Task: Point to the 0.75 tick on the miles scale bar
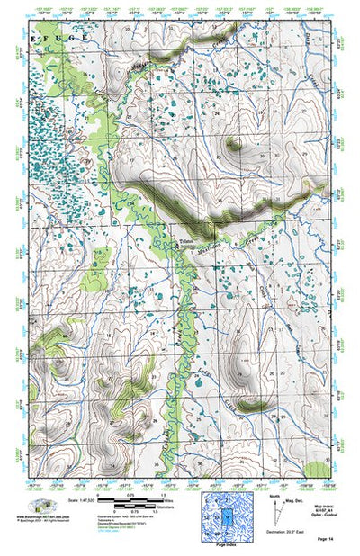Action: tap(130, 496)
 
